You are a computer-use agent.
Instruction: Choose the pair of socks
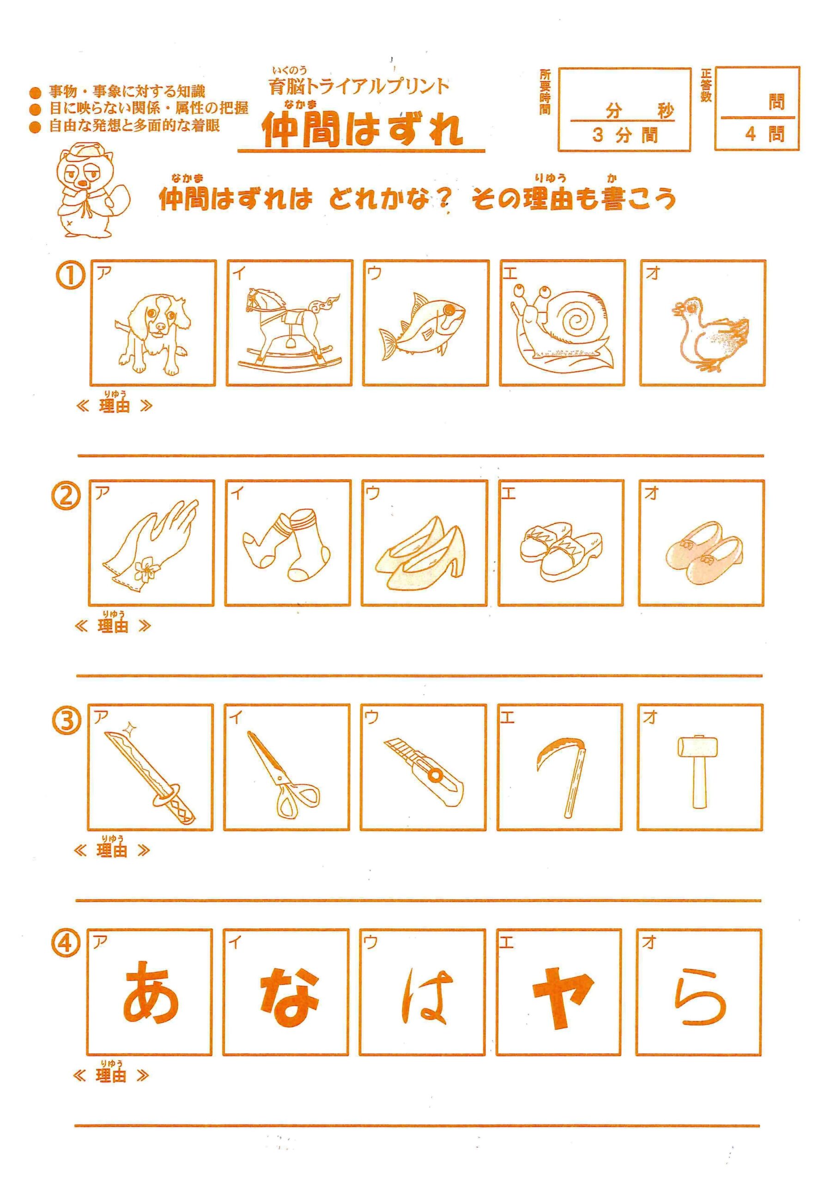287,545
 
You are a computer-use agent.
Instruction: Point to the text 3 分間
624,135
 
